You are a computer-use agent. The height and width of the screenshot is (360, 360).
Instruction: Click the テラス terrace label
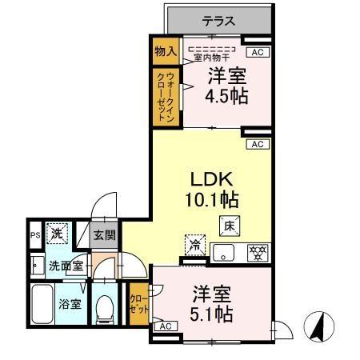click(218, 22)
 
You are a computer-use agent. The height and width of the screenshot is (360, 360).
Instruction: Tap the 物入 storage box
click(166, 52)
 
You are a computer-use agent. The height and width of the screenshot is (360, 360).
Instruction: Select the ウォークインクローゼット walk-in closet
click(166, 96)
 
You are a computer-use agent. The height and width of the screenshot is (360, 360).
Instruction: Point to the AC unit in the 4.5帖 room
click(257, 53)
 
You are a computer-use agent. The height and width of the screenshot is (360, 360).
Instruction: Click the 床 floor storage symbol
click(227, 226)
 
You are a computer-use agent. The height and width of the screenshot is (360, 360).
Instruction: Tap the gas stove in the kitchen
click(258, 253)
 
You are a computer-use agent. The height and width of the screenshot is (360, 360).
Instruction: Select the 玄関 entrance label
click(103, 235)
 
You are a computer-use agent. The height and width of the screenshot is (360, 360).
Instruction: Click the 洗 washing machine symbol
click(57, 234)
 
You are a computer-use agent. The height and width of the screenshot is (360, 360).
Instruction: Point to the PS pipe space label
click(34, 235)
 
